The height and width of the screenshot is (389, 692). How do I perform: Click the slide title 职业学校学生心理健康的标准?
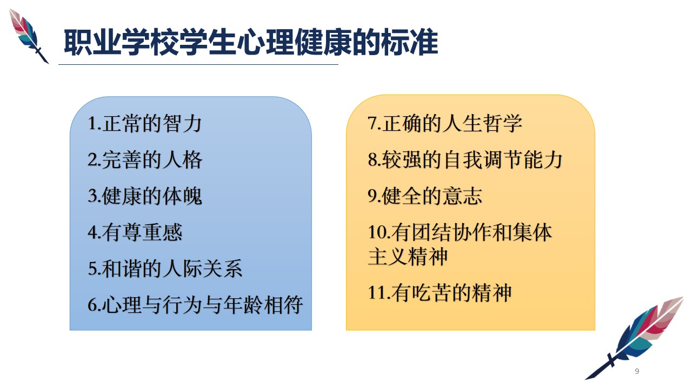pos(251,42)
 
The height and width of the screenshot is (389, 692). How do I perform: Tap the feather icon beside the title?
pos(29,36)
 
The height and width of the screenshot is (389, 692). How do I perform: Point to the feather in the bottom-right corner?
pos(635,338)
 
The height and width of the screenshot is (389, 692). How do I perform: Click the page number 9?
pos(637,371)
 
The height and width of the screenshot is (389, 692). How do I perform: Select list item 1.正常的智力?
pos(144,124)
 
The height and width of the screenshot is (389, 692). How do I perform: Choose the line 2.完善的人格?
pos(145,160)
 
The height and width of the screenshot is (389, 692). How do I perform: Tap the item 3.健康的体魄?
pos(145,196)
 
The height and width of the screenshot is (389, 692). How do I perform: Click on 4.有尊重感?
pos(135,232)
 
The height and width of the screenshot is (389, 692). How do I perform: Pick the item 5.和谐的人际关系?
pos(165,269)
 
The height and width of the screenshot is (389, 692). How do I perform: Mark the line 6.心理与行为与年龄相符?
pos(195,305)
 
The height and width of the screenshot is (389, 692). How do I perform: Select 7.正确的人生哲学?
pos(445,124)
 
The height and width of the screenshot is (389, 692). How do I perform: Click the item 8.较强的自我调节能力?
pos(465,159)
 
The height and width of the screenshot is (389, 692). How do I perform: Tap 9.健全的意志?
pos(425,196)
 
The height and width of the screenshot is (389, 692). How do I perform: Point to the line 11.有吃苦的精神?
pos(440,293)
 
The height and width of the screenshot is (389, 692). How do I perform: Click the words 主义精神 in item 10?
pos(408,256)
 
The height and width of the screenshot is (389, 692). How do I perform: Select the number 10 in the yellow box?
pos(377,232)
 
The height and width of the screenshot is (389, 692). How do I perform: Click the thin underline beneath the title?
pos(198,64)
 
